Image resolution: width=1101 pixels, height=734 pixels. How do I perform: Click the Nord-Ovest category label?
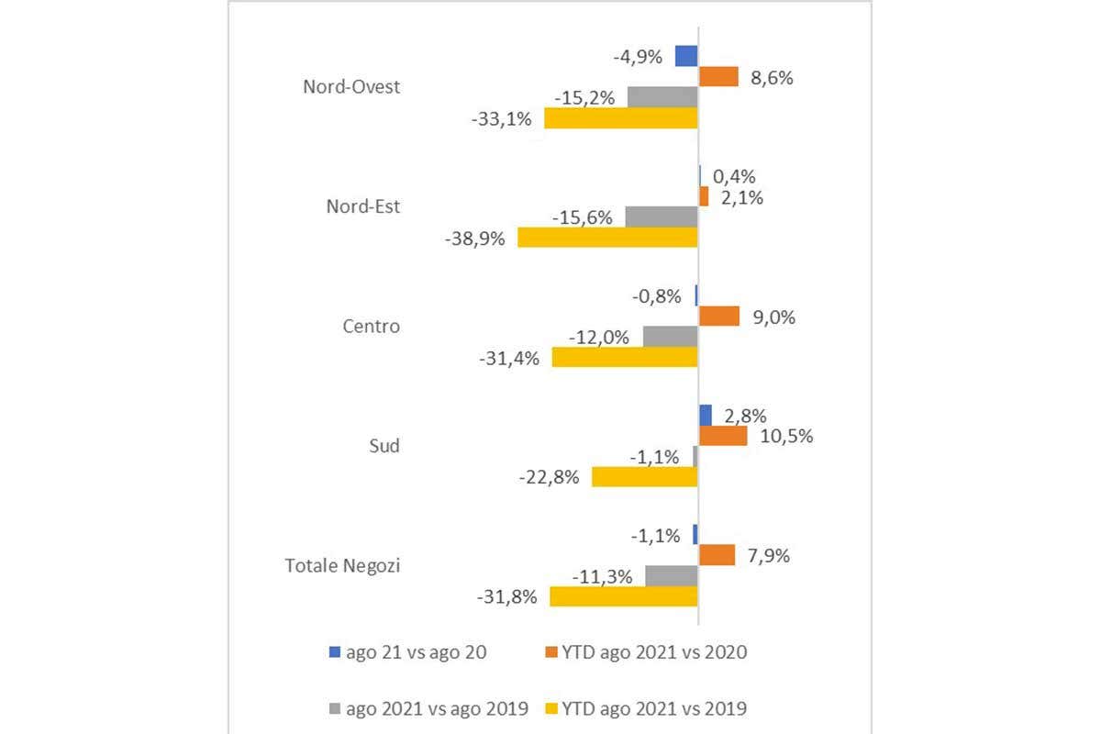coord(351,86)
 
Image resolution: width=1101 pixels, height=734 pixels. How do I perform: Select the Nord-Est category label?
coord(363,206)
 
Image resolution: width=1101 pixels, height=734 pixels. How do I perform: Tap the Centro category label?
coord(371,326)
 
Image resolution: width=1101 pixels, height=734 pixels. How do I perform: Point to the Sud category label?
coord(384,446)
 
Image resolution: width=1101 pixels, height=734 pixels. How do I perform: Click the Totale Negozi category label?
coord(343,565)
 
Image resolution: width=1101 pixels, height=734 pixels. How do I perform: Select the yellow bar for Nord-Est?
coord(607,238)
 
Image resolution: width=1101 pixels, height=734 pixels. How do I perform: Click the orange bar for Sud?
coord(723,436)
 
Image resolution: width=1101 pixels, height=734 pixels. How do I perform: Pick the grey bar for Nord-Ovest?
coord(662,96)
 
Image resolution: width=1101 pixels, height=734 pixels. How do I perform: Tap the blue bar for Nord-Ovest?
coord(686,56)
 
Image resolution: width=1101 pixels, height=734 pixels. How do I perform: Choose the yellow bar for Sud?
coord(645,476)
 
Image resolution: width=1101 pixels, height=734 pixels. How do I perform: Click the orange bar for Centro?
coord(718,317)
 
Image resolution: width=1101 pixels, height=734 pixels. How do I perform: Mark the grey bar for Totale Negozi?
coord(672,575)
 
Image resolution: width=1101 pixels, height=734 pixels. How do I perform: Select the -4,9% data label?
coord(638,56)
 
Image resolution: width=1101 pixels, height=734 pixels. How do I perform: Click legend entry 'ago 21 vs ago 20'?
coord(407,652)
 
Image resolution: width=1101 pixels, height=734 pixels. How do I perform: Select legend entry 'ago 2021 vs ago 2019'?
coord(428,707)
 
